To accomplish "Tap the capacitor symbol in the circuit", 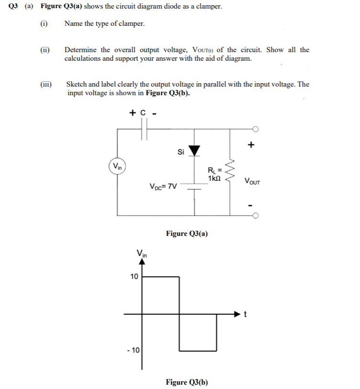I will [x=144, y=129].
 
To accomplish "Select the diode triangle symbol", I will [x=194, y=151].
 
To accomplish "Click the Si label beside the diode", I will [x=180, y=152].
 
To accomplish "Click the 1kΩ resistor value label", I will [x=214, y=178].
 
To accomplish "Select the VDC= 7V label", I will [x=163, y=186].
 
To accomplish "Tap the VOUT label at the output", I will [x=252, y=181].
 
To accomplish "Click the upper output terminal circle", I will [x=256, y=129].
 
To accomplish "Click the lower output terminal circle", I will [x=256, y=215].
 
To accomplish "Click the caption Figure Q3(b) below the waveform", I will [x=187, y=382].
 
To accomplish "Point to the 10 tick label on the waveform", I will [x=134, y=277].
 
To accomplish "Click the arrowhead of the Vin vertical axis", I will [x=142, y=261].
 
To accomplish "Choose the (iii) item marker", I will [x=46, y=84].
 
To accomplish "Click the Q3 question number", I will [x=13, y=7].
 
